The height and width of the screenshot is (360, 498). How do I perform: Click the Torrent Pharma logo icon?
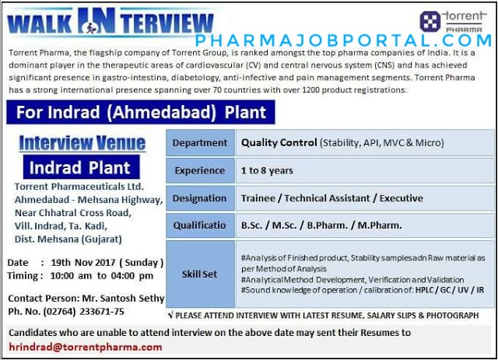click(430, 21)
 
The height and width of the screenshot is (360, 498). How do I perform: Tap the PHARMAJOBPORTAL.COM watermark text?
click(344, 40)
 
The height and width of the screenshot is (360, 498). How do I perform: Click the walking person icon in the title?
click(90, 27)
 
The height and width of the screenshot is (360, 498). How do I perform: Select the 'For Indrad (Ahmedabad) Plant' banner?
click(141, 112)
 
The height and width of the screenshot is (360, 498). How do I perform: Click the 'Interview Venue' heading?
click(82, 142)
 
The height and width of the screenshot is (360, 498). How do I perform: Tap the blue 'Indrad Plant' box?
click(81, 167)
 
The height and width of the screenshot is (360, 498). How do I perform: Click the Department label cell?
click(200, 142)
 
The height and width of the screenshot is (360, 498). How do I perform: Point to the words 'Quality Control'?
click(279, 142)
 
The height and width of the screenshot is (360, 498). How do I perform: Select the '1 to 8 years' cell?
click(365, 170)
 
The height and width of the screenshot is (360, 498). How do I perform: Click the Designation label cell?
click(200, 198)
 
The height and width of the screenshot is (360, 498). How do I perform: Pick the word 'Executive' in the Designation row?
click(402, 198)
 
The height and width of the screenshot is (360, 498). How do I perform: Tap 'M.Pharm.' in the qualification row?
click(380, 225)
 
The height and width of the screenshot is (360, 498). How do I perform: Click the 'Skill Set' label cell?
click(200, 274)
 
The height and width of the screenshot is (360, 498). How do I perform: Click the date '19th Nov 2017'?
click(83, 263)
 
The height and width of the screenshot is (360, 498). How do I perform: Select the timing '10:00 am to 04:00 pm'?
click(102, 275)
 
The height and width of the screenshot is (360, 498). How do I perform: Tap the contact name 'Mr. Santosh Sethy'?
click(123, 299)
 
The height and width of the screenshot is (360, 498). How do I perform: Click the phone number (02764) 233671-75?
click(83, 312)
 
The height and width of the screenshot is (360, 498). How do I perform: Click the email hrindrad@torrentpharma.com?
click(86, 347)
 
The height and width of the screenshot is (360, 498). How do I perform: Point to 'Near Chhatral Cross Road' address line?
click(72, 213)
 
